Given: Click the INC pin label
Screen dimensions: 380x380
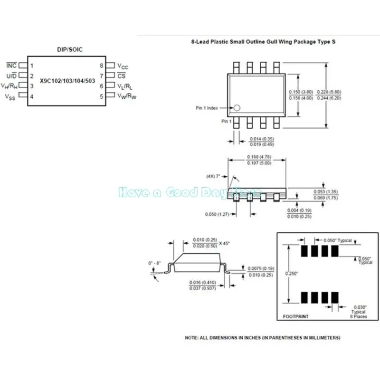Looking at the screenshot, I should coord(11,65).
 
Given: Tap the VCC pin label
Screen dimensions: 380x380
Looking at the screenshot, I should coord(123,66).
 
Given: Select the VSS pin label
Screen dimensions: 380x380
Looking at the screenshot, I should coord(10,96).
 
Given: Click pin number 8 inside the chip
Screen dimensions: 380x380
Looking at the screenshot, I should coord(101,66).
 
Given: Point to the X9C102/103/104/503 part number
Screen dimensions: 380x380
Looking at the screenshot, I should coord(67,81).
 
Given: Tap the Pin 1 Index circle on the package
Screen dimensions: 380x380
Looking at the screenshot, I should coord(238,108).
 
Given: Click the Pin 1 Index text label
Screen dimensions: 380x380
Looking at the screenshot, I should coord(207,108).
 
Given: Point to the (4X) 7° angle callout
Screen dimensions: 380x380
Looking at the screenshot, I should coord(214,176).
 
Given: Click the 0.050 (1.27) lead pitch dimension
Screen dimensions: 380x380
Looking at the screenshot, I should coord(218,214).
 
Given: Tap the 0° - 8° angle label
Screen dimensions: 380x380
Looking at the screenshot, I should coord(156,262).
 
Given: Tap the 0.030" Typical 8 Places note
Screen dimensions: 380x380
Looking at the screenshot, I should coord(359,312).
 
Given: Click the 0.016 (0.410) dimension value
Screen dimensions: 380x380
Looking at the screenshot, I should coord(202,282).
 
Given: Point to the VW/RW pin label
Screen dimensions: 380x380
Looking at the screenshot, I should coord(127,96).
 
